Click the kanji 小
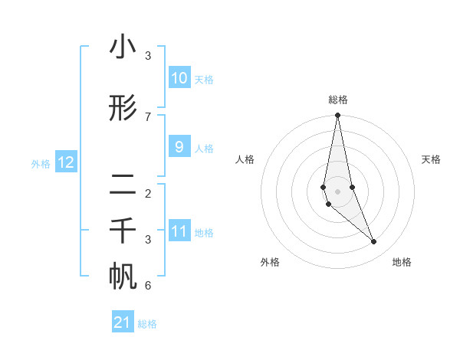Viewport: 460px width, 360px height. pyautogui.click(x=123, y=47)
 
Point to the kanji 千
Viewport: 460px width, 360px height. pyautogui.click(x=123, y=231)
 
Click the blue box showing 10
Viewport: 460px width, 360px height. pyautogui.click(x=179, y=78)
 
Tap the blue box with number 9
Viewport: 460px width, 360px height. pyautogui.click(x=179, y=147)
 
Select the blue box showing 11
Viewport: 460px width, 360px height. pyautogui.click(x=179, y=231)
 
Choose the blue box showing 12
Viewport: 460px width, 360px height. pyautogui.click(x=65, y=162)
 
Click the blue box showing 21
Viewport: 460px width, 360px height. pyautogui.click(x=123, y=322)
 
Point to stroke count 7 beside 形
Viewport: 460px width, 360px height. pyautogui.click(x=148, y=116)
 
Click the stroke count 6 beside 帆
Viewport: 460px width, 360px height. pyautogui.click(x=148, y=286)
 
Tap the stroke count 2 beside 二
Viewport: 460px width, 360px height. pyautogui.click(x=148, y=193)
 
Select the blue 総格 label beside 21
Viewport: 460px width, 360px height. pyautogui.click(x=147, y=324)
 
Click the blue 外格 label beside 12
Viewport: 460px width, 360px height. pyautogui.click(x=41, y=163)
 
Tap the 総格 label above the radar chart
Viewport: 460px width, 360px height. pyautogui.click(x=337, y=100)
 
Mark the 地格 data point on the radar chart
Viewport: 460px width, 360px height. pyautogui.click(x=374, y=242)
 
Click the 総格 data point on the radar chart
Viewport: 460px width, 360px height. pyautogui.click(x=337, y=116)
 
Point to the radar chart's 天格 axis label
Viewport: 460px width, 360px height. pyautogui.click(x=432, y=159)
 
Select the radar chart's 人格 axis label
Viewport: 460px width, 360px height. pyautogui.click(x=245, y=159)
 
